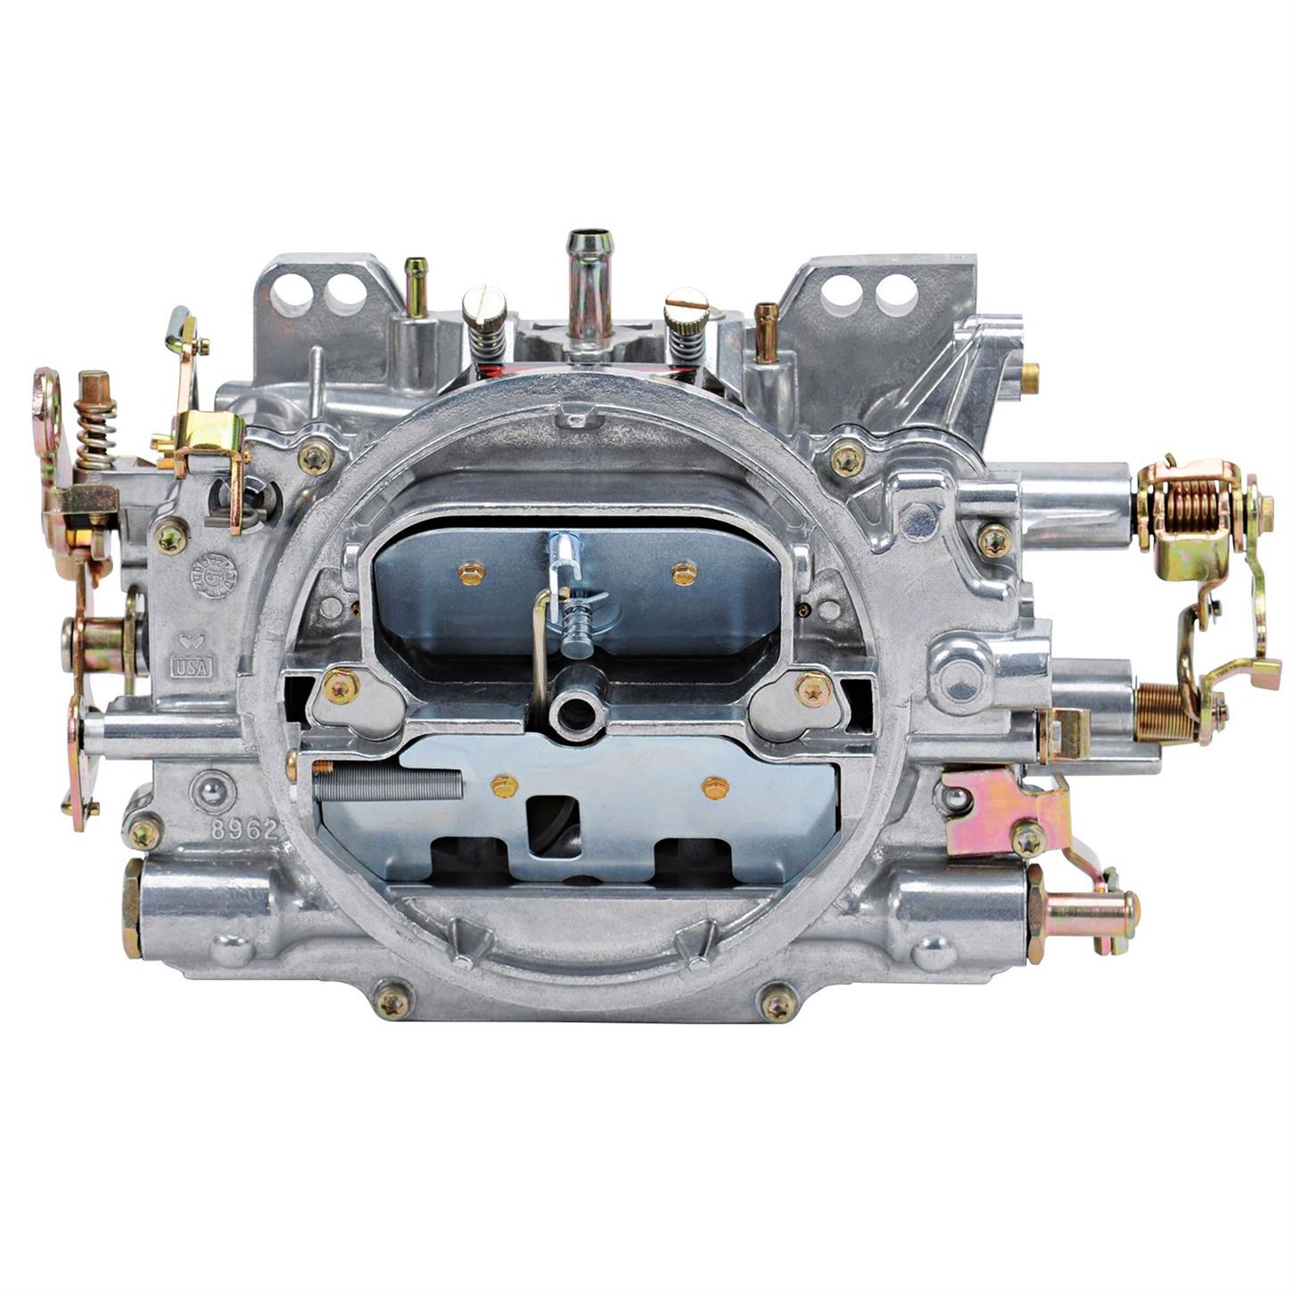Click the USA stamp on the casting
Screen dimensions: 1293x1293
coord(191,666)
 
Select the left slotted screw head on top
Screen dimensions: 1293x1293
coord(484,305)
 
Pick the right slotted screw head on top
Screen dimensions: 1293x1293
coord(687,305)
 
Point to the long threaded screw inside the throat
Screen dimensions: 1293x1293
coord(390,785)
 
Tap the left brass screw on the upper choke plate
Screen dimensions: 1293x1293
coord(471,573)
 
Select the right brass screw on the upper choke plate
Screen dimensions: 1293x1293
coord(684,573)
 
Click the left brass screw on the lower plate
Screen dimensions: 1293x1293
coord(504,786)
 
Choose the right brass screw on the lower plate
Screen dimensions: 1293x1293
coord(715,787)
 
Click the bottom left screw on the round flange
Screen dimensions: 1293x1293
coord(392,1003)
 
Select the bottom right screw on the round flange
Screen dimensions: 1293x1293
coord(778,1004)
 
